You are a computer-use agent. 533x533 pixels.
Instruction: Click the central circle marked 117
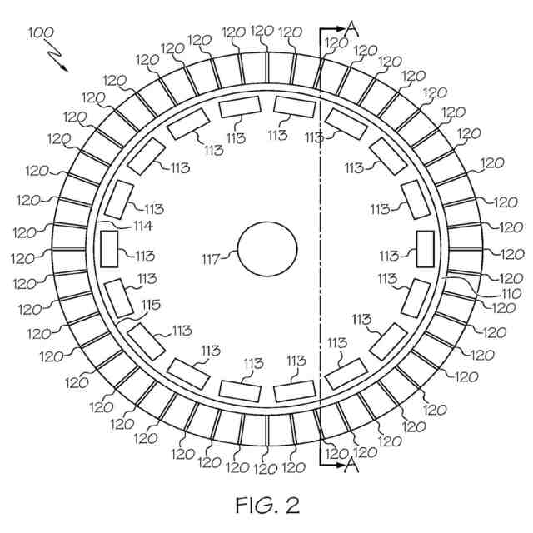coord(267,251)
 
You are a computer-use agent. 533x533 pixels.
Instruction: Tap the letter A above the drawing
coord(352,28)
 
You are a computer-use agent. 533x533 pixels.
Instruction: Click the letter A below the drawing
coord(351,466)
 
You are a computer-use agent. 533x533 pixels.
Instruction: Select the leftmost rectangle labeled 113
coord(109,248)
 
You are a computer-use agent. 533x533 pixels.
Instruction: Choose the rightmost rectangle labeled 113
coord(425,248)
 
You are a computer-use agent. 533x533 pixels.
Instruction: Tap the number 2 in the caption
coord(291,506)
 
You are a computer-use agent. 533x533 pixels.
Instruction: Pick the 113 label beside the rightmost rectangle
coord(389,256)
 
